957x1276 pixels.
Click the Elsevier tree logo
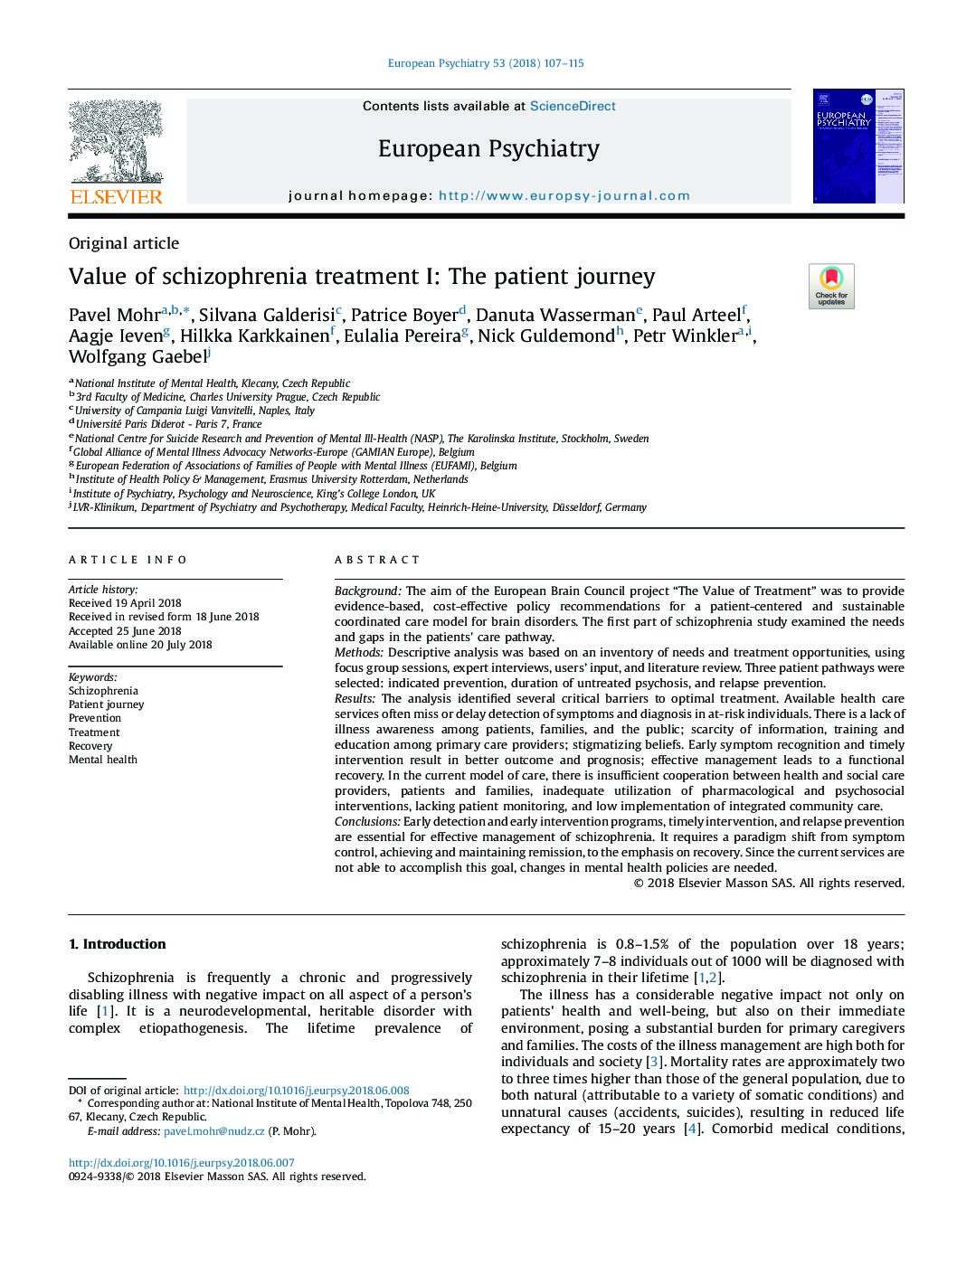pyautogui.click(x=116, y=150)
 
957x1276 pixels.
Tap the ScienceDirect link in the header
pyautogui.click(x=572, y=106)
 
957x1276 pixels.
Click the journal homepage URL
pyautogui.click(x=564, y=195)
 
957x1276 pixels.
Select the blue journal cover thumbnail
pyautogui.click(x=858, y=147)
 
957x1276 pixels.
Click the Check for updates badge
pyautogui.click(x=830, y=286)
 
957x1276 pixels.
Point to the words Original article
pyautogui.click(x=124, y=243)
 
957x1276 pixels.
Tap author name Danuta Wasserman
pyautogui.click(x=555, y=316)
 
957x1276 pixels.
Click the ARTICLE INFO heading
pyautogui.click(x=128, y=560)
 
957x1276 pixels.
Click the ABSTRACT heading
pyautogui.click(x=377, y=560)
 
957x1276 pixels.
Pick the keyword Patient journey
pyautogui.click(x=106, y=704)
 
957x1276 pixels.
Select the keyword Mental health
pyautogui.click(x=103, y=760)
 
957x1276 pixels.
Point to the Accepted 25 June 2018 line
pyautogui.click(x=125, y=631)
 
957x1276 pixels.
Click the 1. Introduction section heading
pyautogui.click(x=118, y=944)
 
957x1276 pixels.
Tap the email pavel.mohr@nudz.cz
pyautogui.click(x=214, y=1131)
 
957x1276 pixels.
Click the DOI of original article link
pyautogui.click(x=296, y=1091)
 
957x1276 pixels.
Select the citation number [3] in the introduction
pyautogui.click(x=655, y=1062)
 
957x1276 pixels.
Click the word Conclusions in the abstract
pyautogui.click(x=367, y=822)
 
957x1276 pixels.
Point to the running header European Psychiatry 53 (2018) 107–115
pyautogui.click(x=486, y=63)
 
